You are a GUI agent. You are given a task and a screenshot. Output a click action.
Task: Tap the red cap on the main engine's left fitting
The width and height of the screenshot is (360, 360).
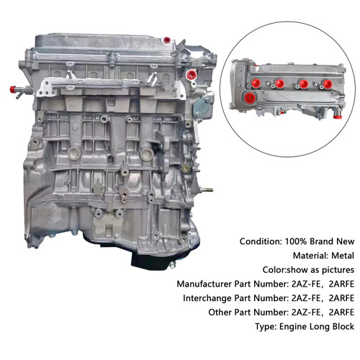[12, 88]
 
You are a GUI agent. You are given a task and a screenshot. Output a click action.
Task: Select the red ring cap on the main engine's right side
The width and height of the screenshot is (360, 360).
[192, 75]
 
